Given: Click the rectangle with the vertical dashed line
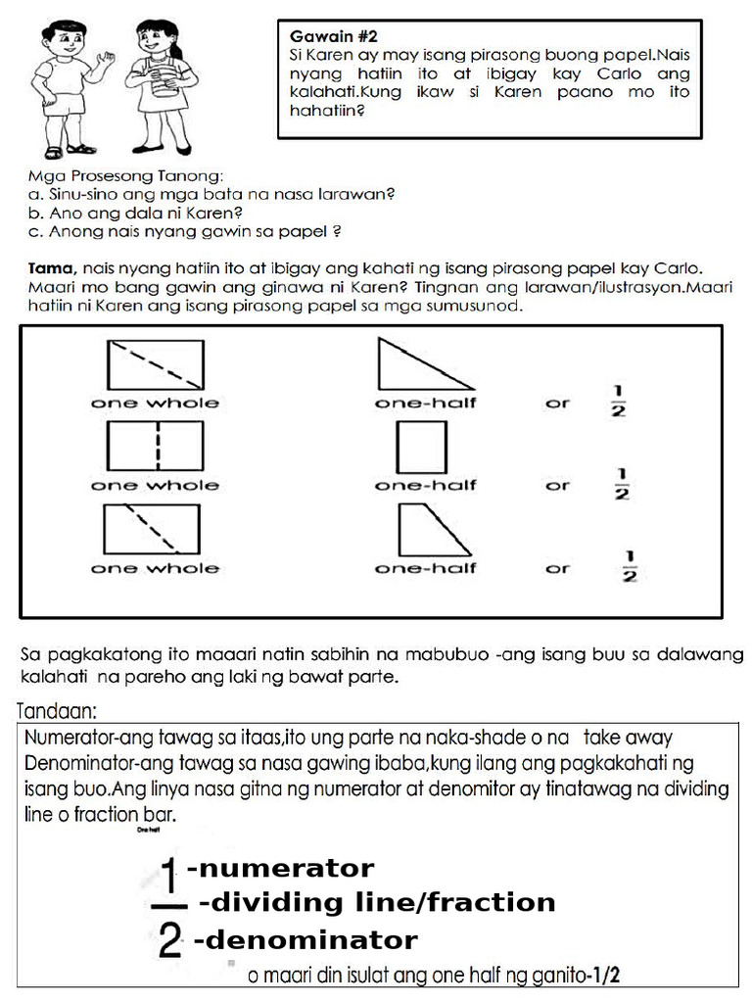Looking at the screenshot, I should (x=155, y=447).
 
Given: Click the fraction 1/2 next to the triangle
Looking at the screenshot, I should (x=619, y=401).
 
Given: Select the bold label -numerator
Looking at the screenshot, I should (x=280, y=869).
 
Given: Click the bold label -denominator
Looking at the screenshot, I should (x=305, y=941).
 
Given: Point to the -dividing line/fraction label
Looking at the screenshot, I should (x=377, y=902).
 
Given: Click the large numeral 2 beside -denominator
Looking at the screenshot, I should (x=169, y=943).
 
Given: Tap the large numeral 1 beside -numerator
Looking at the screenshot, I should (x=169, y=871).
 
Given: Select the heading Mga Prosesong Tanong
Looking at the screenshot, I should (x=125, y=177).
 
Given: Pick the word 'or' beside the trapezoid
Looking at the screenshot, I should (x=557, y=568).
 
